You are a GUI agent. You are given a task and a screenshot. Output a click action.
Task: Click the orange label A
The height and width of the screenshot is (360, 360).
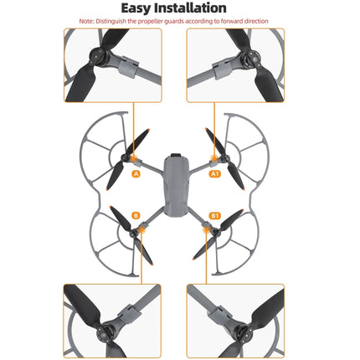[x=136, y=174]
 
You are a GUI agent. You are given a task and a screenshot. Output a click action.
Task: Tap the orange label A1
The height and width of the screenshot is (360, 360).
[x=214, y=174]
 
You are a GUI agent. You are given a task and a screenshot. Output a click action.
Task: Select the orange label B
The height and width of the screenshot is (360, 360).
[x=136, y=216]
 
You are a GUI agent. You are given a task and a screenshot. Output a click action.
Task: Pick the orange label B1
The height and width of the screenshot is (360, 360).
[x=214, y=216]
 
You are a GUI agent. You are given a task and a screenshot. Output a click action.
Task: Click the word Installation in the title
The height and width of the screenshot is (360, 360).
[x=190, y=8]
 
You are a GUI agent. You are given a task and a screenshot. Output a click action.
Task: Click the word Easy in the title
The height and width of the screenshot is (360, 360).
[x=136, y=8]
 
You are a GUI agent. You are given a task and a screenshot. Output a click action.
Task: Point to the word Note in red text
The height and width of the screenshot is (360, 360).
[x=86, y=21]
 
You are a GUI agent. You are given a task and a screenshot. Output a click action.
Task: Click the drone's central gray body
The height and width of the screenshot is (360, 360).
[x=176, y=185]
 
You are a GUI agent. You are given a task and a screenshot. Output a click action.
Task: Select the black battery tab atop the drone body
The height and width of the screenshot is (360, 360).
[x=176, y=155]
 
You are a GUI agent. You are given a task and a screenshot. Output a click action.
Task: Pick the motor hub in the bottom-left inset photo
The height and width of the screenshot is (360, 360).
[x=105, y=333]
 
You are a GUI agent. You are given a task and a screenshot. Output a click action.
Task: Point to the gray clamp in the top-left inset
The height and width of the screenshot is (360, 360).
[x=128, y=66]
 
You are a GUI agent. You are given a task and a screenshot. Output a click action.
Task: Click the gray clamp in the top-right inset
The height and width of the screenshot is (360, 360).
[x=222, y=67]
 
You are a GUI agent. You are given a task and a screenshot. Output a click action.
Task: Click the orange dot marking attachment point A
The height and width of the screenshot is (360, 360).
[x=133, y=158]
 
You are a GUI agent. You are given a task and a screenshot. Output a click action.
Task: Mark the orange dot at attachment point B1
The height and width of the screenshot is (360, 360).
[x=206, y=229]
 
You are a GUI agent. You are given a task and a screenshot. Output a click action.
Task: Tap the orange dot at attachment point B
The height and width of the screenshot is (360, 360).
[x=142, y=229]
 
